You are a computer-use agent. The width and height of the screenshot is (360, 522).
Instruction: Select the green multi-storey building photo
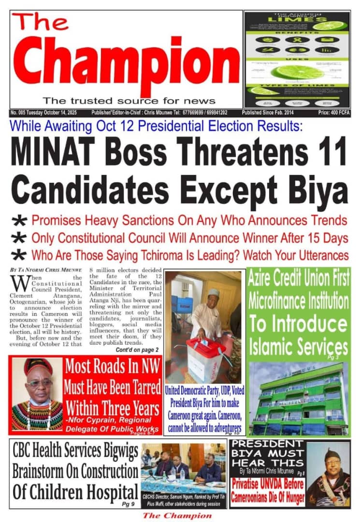click(x=298, y=399)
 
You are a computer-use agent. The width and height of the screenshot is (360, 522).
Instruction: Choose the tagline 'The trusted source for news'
click(x=129, y=101)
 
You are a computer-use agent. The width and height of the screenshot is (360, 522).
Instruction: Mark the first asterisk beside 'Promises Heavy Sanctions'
click(x=19, y=221)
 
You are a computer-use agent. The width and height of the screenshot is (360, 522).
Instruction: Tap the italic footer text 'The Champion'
click(x=177, y=515)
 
